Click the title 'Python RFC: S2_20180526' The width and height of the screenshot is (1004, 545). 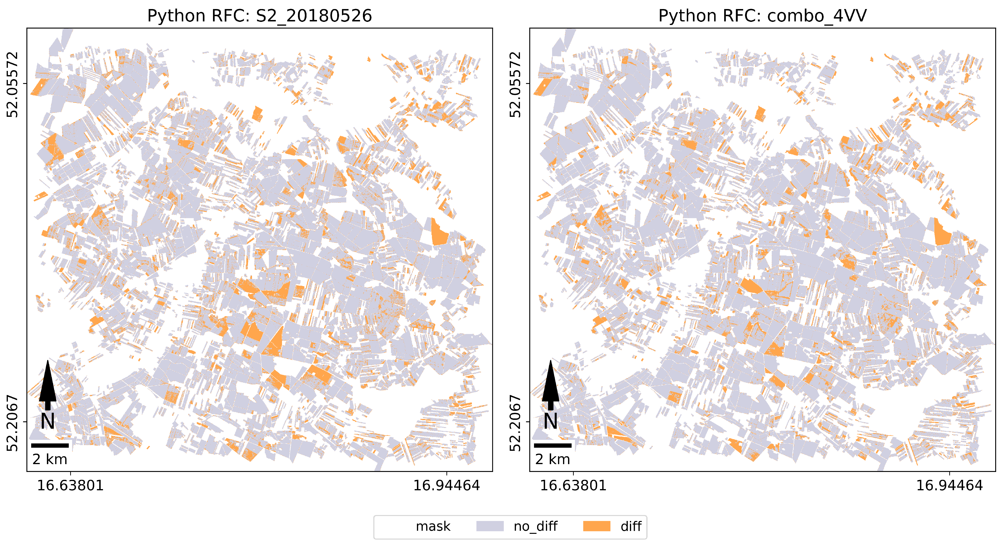pyautogui.click(x=260, y=16)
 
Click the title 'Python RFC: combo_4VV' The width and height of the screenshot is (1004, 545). pyautogui.click(x=762, y=16)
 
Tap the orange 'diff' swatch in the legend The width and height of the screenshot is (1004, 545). pyautogui.click(x=596, y=526)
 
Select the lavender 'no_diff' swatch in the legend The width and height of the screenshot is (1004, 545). pyautogui.click(x=490, y=526)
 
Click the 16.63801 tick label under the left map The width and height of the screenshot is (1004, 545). pyautogui.click(x=70, y=485)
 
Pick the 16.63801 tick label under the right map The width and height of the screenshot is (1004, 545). pyautogui.click(x=573, y=485)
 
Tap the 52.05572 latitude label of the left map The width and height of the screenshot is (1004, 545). pyautogui.click(x=12, y=84)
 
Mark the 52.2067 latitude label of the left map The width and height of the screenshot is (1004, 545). pyautogui.click(x=12, y=423)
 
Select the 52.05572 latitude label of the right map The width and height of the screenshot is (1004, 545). pyautogui.click(x=515, y=84)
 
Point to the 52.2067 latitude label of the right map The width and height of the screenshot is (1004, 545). pyautogui.click(x=515, y=423)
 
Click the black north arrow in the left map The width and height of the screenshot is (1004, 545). pyautogui.click(x=48, y=384)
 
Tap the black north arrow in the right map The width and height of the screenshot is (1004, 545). pyautogui.click(x=550, y=384)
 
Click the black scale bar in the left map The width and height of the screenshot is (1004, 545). pyautogui.click(x=50, y=445)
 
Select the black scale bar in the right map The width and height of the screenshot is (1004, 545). pyautogui.click(x=553, y=445)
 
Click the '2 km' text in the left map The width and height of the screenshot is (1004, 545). pyautogui.click(x=50, y=459)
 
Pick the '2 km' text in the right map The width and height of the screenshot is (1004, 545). pyautogui.click(x=553, y=459)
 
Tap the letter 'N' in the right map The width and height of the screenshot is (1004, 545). pyautogui.click(x=550, y=421)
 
